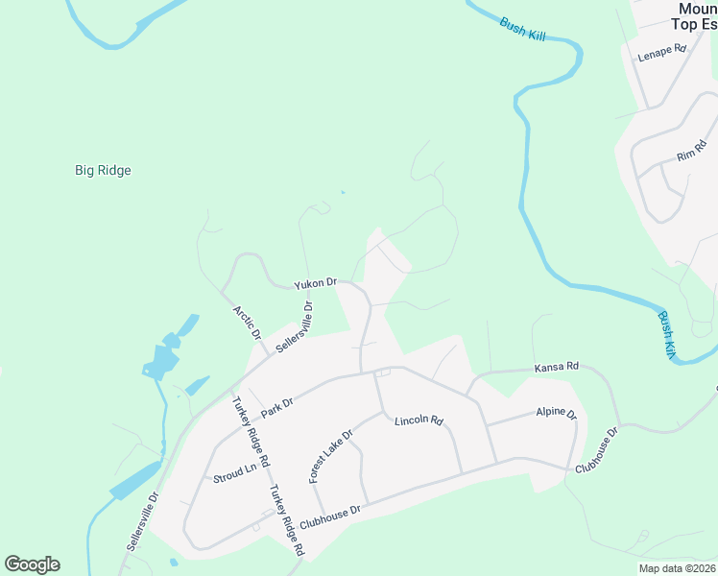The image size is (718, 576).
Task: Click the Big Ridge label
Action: pyautogui.click(x=103, y=171)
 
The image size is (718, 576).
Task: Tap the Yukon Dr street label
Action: pyautogui.click(x=316, y=283)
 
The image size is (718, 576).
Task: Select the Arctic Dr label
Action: pyautogui.click(x=247, y=324)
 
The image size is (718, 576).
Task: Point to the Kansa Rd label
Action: pyautogui.click(x=557, y=367)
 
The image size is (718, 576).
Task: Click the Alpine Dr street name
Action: pyautogui.click(x=556, y=414)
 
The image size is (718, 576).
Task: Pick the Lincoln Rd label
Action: pyautogui.click(x=419, y=420)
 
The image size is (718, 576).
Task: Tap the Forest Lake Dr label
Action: pyautogui.click(x=331, y=456)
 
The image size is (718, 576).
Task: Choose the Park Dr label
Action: pyautogui.click(x=276, y=406)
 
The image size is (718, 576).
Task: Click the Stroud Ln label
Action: pyautogui.click(x=235, y=471)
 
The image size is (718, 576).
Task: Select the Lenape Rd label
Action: pyautogui.click(x=662, y=53)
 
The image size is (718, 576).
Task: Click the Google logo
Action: pyautogui.click(x=32, y=564)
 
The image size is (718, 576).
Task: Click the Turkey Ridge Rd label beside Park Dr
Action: pyautogui.click(x=247, y=426)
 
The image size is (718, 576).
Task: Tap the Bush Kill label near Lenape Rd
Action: pyautogui.click(x=522, y=27)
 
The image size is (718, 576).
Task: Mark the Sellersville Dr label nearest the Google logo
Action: pyautogui.click(x=141, y=521)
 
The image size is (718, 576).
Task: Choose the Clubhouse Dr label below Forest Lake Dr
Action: pyautogui.click(x=329, y=518)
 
